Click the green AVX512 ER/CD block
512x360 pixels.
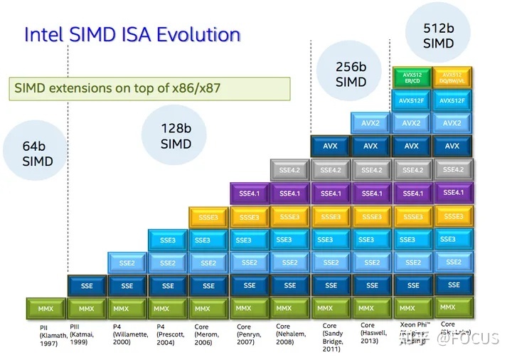click(x=412, y=78)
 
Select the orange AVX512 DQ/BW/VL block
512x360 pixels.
click(x=452, y=78)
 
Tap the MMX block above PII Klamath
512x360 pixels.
click(x=46, y=309)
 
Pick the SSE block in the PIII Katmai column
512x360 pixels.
click(x=87, y=286)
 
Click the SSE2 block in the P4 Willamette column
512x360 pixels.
click(x=127, y=263)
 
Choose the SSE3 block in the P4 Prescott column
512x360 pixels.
click(x=168, y=240)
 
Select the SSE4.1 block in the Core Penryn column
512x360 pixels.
click(x=250, y=194)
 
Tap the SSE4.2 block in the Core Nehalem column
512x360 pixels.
click(x=289, y=171)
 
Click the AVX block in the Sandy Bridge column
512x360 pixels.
click(x=331, y=147)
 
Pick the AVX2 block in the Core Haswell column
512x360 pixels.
click(x=370, y=123)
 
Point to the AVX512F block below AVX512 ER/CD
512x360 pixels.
click(x=412, y=101)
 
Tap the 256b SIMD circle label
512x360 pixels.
click(x=351, y=74)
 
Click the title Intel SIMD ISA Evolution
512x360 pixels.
click(x=132, y=35)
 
